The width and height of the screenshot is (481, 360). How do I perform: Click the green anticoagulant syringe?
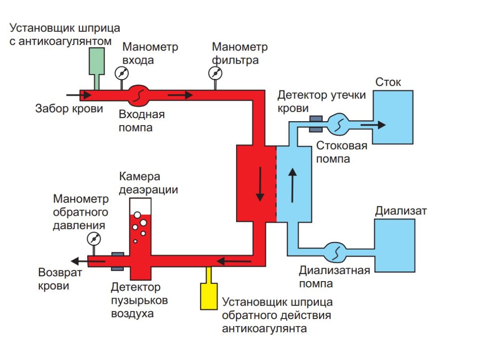coord(97,61)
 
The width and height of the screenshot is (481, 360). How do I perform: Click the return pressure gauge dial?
coord(94,238)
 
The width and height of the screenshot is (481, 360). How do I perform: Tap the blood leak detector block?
coord(316,124)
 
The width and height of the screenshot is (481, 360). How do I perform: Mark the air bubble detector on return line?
coord(117,261)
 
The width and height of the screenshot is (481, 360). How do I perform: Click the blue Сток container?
coord(392,117)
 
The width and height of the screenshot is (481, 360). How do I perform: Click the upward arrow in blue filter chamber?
coord(293,184)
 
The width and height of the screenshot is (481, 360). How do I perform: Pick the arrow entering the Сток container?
coord(373,125)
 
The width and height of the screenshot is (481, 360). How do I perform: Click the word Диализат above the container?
coord(400,210)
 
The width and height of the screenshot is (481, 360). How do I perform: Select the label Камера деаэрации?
coord(148,183)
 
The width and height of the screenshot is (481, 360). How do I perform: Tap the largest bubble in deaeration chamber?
coord(143,222)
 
